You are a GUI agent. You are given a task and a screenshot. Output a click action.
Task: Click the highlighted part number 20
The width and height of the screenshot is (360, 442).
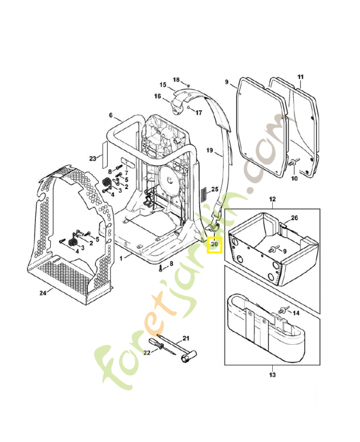coord(214,244)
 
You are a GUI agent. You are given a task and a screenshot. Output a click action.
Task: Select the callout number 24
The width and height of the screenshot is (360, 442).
coord(43,293)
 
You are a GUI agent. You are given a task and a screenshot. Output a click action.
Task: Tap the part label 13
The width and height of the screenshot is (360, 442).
coord(272,376)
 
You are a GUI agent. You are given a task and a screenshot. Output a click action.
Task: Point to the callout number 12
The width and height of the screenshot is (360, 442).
coord(272,199)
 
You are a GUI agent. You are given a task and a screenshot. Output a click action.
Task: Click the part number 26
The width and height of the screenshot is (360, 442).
coord(294,218)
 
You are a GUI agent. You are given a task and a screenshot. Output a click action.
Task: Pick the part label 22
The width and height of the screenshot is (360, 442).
coord(146,352)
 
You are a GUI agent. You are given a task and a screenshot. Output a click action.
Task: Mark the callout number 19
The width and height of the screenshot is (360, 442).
coord(210,150)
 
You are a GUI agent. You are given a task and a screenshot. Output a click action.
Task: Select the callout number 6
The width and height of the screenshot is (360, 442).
coord(111,116)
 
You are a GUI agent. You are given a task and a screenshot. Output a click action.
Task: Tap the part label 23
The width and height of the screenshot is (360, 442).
coord(92,159)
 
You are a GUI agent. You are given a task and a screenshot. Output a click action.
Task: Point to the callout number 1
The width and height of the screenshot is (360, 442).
coord(121,258)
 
